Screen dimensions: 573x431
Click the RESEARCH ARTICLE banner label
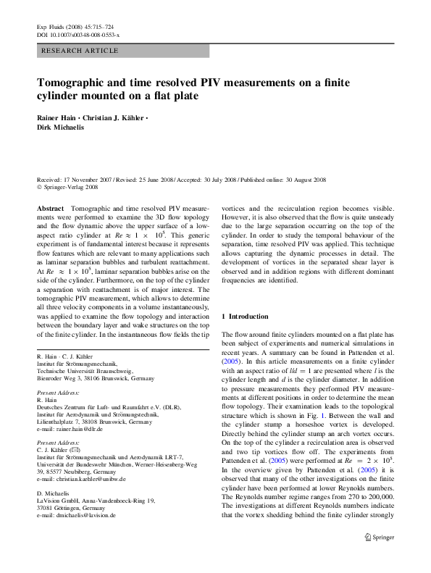pos(80,51)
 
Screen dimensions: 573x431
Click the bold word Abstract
pos(50,208)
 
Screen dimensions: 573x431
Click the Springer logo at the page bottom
pos(380,538)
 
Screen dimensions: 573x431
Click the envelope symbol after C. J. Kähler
pos(91,450)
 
